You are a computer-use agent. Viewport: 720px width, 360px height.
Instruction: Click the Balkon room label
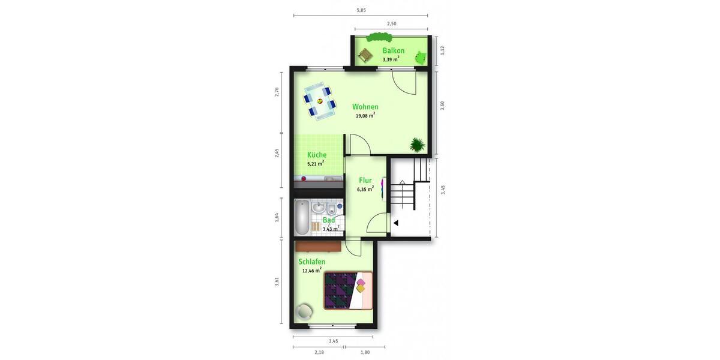[393, 51]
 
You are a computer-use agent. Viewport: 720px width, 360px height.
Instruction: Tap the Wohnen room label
[365, 107]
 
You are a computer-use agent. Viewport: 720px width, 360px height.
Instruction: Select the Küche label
[317, 155]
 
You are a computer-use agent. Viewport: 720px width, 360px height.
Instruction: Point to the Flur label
[365, 180]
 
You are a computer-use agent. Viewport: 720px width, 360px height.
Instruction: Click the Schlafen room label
[312, 262]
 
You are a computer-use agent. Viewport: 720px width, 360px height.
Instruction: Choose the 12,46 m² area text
[312, 271]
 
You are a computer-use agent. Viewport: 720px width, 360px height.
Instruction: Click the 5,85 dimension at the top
[361, 10]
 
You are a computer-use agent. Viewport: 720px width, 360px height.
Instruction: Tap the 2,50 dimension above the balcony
[391, 24]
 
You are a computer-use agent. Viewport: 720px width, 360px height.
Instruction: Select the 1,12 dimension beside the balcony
[442, 51]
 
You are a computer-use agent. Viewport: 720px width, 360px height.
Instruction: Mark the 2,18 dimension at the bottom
[318, 352]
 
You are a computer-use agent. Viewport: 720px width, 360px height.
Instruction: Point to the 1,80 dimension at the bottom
[364, 352]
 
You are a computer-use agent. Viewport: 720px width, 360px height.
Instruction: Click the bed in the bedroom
[348, 290]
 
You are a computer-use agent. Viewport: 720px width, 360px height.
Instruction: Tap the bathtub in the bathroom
[302, 218]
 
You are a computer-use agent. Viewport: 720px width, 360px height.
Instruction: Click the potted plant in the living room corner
[417, 145]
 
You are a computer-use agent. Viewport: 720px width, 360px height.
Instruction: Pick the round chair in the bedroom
[305, 311]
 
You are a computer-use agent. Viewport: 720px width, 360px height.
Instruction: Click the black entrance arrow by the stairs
[395, 224]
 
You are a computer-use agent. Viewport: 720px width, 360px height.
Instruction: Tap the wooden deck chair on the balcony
[365, 56]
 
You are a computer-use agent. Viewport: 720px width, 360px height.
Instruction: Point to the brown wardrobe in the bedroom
[318, 245]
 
